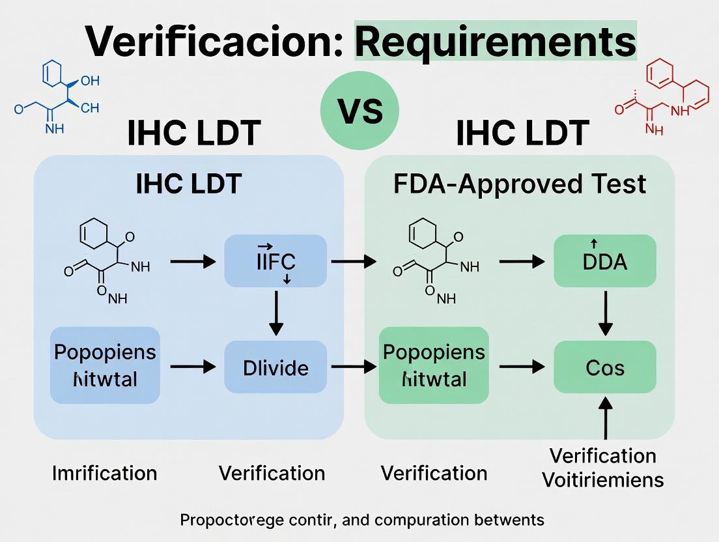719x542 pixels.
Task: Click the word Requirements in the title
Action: pyautogui.click(x=495, y=42)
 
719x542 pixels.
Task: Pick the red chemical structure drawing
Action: pyautogui.click(x=663, y=96)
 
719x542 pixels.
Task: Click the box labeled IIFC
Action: pyautogui.click(x=275, y=262)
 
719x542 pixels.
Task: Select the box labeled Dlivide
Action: pyautogui.click(x=275, y=367)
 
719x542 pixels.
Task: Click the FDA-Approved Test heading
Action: pyautogui.click(x=520, y=184)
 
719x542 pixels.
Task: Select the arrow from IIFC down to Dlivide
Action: pyautogui.click(x=276, y=313)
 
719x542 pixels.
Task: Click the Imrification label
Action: pyautogui.click(x=104, y=472)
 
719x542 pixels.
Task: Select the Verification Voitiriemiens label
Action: pyautogui.click(x=602, y=468)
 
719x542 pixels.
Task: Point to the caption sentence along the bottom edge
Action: pyautogui.click(x=361, y=520)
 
